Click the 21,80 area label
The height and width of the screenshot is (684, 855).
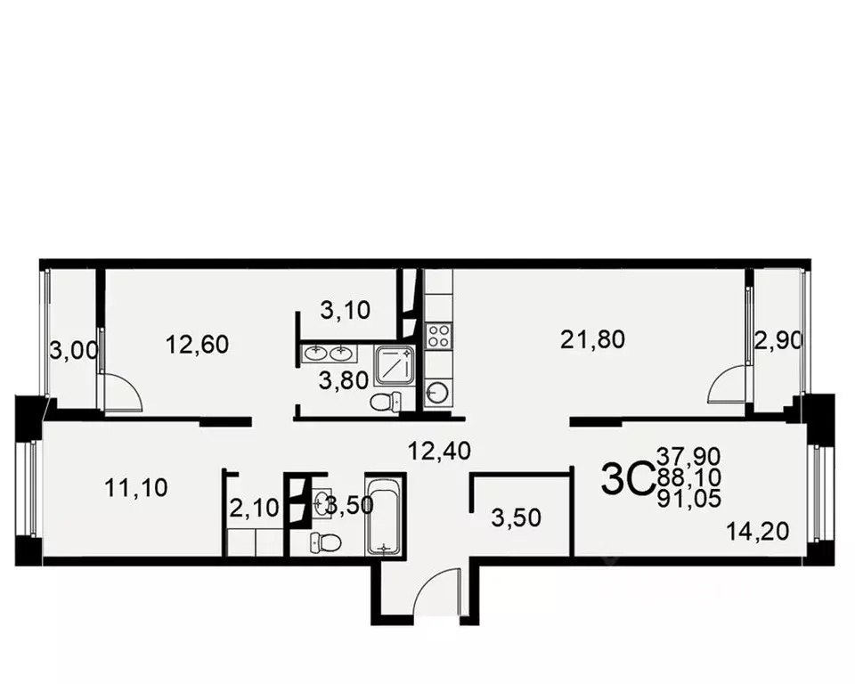click(593, 338)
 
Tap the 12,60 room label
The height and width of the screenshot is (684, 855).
click(198, 344)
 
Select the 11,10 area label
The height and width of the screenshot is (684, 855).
click(136, 487)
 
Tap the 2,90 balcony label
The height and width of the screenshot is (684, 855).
click(779, 339)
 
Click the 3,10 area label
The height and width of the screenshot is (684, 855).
click(345, 310)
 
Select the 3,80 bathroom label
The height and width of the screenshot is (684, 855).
click(344, 381)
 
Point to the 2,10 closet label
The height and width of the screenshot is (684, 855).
click(255, 509)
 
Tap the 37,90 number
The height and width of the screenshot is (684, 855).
click(688, 458)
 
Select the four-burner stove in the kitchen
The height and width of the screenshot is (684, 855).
click(438, 336)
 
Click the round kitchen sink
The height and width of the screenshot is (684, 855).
click(437, 391)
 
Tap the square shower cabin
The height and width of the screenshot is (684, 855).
click(394, 364)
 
